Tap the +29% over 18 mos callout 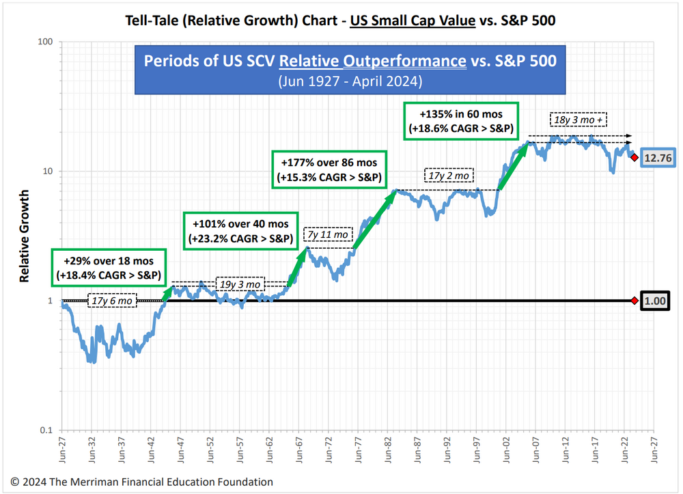click(x=107, y=269)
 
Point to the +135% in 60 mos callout click(x=461, y=121)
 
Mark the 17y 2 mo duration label click(x=447, y=176)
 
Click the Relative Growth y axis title click(x=24, y=236)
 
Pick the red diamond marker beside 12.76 click(x=635, y=158)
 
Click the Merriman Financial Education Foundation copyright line click(x=141, y=482)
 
